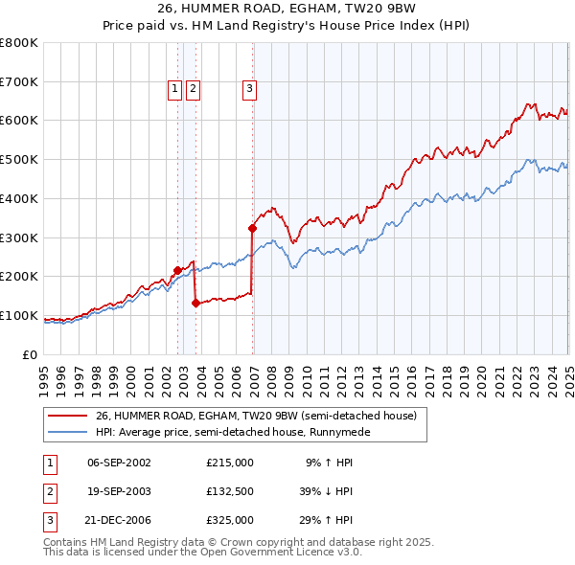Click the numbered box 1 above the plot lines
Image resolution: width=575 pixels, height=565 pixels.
coord(175,89)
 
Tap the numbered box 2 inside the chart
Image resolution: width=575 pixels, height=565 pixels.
coord(193,89)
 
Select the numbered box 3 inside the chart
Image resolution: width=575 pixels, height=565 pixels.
coord(249,89)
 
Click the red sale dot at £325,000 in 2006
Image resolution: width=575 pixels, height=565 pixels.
coord(253,228)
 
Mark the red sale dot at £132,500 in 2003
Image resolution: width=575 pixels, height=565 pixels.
coord(195,303)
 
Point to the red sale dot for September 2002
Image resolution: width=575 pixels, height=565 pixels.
coord(177,270)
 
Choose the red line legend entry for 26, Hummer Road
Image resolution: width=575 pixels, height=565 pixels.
coord(256,417)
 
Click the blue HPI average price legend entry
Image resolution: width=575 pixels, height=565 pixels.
coord(233,432)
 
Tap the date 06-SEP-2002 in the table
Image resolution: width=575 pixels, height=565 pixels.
coord(119,463)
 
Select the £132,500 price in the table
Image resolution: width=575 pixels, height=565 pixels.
coord(229,491)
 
